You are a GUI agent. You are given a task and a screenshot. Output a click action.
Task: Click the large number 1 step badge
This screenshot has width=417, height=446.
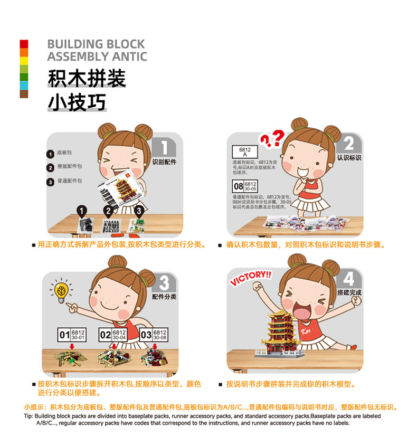[x=164, y=148]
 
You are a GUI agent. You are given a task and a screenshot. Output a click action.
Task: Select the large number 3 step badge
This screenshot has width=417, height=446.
[x=164, y=284]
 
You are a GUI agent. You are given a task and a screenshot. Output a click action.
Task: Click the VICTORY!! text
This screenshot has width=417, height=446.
[x=250, y=278]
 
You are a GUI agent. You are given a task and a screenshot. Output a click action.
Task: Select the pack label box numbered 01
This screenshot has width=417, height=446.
[x=72, y=334]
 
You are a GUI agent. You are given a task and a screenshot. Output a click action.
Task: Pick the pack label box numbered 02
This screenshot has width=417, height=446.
[x=113, y=334]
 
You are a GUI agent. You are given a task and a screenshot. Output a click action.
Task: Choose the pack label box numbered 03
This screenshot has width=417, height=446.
[x=153, y=334]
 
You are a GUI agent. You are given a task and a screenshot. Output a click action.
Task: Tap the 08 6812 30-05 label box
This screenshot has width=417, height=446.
[x=245, y=186]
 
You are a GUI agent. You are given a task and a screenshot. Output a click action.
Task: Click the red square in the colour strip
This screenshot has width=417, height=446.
[x=24, y=44]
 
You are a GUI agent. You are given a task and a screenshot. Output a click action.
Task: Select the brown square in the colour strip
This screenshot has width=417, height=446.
[x=24, y=94]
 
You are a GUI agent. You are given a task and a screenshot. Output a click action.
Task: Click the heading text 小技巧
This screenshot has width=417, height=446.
[x=77, y=102]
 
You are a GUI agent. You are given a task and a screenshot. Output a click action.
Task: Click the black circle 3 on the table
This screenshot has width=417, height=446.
[x=139, y=211]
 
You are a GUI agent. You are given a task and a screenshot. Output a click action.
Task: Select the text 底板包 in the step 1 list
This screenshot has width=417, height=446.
[x=64, y=153]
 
